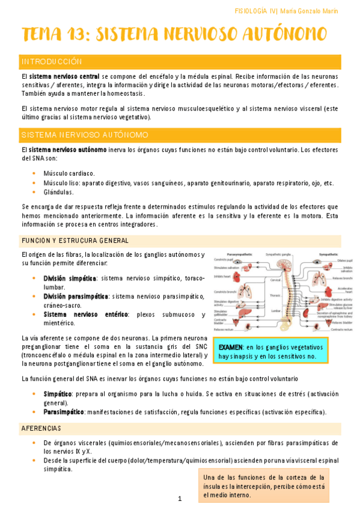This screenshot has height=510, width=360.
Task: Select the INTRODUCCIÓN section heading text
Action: (51, 62)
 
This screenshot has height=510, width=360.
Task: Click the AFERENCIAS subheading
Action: (41, 428)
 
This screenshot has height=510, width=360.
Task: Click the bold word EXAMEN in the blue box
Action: (231, 348)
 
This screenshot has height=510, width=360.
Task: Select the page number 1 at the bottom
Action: (180, 499)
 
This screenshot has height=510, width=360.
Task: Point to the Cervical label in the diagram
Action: (276, 280)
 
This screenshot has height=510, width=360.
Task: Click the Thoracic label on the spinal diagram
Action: (276, 295)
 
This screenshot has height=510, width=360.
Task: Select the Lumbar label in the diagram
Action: (276, 311)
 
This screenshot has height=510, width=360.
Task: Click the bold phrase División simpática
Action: (70, 278)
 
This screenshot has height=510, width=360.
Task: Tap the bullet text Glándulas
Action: (58, 192)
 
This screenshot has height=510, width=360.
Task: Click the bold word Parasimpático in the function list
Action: (64, 412)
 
